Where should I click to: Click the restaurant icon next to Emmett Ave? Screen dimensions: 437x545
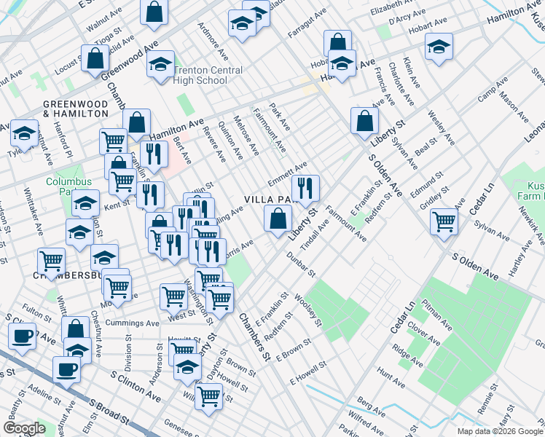(x=305, y=189)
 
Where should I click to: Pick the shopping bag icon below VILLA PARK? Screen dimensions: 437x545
(x=278, y=219)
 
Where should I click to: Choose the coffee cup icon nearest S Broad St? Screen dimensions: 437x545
(x=66, y=369)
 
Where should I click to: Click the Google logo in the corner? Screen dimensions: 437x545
(x=24, y=428)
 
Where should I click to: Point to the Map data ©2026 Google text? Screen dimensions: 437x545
(x=499, y=431)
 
